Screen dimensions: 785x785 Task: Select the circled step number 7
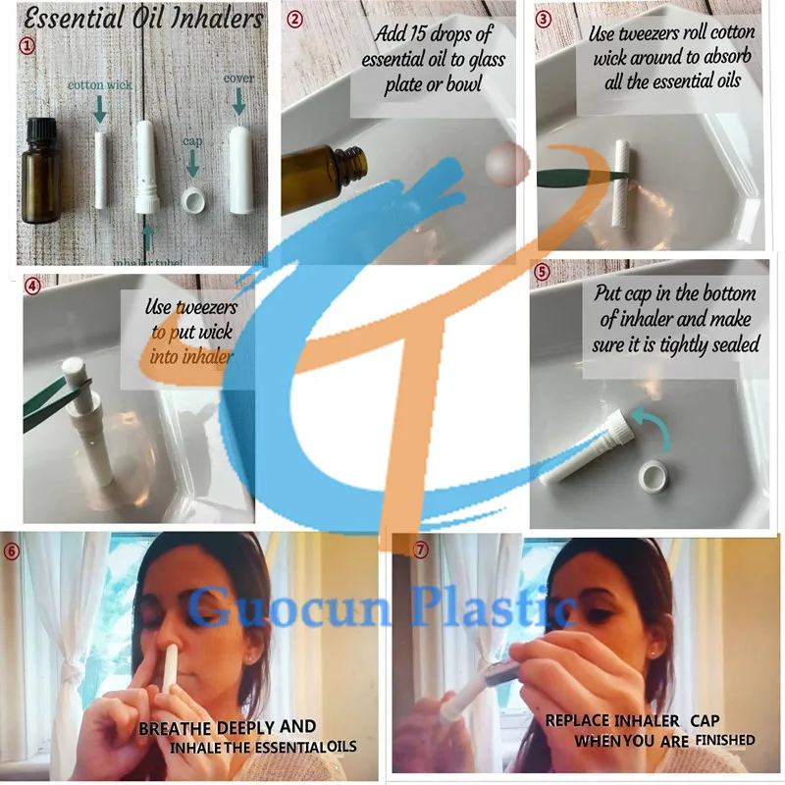click(420, 549)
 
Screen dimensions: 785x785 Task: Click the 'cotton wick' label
click(99, 85)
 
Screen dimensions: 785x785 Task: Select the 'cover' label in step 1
click(238, 78)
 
